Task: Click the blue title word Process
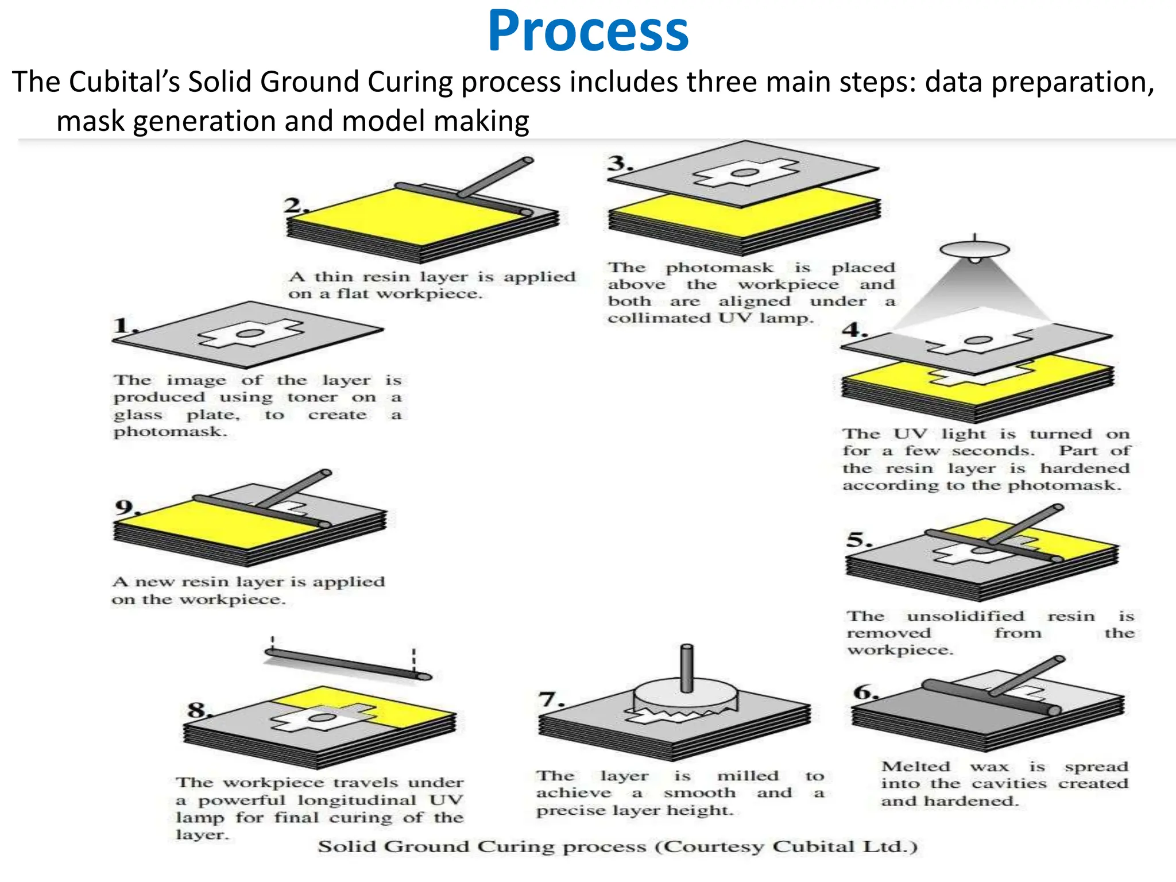[x=588, y=32]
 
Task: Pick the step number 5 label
[x=858, y=540]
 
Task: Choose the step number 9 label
[x=125, y=507]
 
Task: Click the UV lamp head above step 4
[x=974, y=250]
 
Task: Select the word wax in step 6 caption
[x=989, y=767]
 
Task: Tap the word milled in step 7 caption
[x=748, y=776]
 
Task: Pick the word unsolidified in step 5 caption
[x=965, y=616]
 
